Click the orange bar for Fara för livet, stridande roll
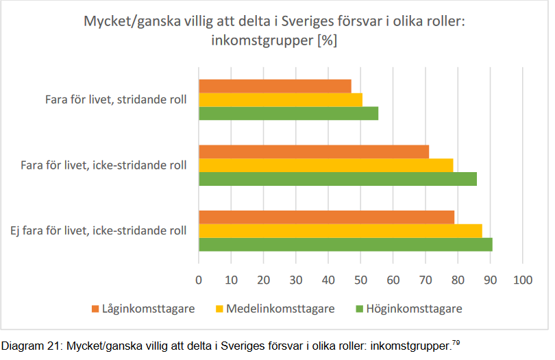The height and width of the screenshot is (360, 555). click(275, 86)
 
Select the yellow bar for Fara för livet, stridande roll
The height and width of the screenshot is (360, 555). click(280, 99)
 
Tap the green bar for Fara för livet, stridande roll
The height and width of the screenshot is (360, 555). click(288, 113)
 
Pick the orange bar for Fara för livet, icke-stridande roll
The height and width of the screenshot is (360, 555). click(314, 152)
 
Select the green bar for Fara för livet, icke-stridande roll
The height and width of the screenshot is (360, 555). click(337, 178)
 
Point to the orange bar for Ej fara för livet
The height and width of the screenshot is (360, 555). click(326, 217)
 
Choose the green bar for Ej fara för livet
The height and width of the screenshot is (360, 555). click(345, 244)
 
